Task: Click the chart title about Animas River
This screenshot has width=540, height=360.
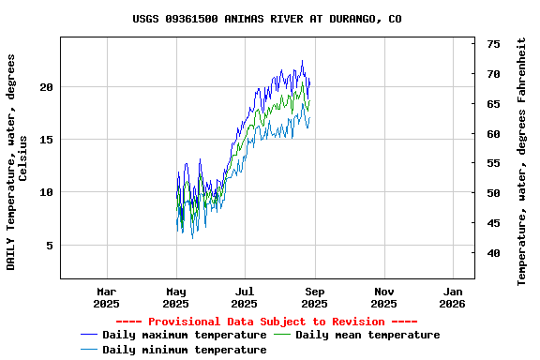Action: pyautogui.click(x=267, y=18)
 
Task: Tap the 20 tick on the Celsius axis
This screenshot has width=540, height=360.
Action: pyautogui.click(x=46, y=87)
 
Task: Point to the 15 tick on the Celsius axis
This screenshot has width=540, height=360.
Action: pyautogui.click(x=46, y=140)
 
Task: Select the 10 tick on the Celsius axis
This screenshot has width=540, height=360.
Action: pyautogui.click(x=46, y=192)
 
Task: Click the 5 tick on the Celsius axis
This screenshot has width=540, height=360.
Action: pyautogui.click(x=50, y=246)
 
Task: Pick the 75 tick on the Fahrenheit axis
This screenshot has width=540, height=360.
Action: pyautogui.click(x=493, y=44)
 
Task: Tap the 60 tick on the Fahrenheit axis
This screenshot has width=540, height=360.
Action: pyautogui.click(x=493, y=134)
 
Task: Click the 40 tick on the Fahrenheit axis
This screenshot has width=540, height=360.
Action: pyautogui.click(x=493, y=253)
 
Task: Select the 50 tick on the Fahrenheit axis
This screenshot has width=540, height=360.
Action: pyautogui.click(x=493, y=193)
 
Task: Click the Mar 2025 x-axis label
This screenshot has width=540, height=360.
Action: pyautogui.click(x=107, y=297)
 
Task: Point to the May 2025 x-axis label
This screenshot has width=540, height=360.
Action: pyautogui.click(x=176, y=297)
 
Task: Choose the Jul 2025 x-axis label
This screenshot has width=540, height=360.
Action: pyautogui.click(x=245, y=297)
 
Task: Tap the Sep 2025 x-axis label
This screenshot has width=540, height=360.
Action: pyautogui.click(x=314, y=297)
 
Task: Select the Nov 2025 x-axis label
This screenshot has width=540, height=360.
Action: pyautogui.click(x=383, y=297)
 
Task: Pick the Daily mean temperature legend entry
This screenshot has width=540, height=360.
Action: pyautogui.click(x=367, y=335)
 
